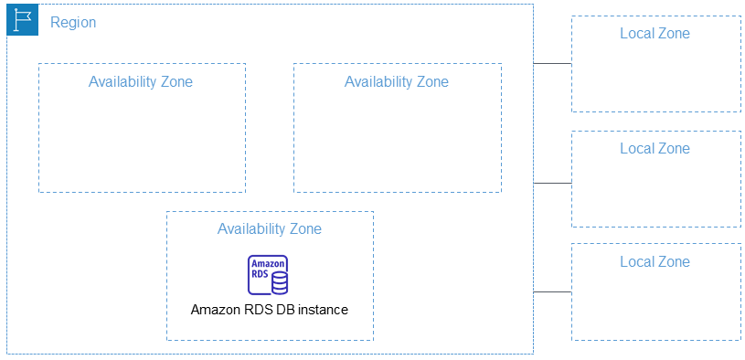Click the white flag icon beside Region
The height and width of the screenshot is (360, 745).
22,19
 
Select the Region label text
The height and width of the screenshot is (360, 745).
73,22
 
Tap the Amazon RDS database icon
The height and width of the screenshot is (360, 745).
268,274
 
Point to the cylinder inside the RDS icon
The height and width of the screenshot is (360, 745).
279,282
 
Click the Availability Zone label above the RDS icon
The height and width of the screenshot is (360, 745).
269,228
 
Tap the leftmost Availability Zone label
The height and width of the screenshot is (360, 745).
141,81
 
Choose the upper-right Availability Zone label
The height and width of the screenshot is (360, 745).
397,81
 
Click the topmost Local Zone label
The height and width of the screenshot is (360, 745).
655,34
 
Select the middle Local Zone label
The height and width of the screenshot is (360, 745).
655,148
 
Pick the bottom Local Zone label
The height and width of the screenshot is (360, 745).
655,261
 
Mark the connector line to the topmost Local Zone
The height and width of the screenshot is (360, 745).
552,64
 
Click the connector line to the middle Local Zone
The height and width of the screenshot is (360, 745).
552,183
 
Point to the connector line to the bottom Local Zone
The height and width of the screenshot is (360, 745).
552,292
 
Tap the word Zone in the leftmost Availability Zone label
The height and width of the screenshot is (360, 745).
176,81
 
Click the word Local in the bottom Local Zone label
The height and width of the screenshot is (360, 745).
636,261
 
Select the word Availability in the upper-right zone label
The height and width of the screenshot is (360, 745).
378,81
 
